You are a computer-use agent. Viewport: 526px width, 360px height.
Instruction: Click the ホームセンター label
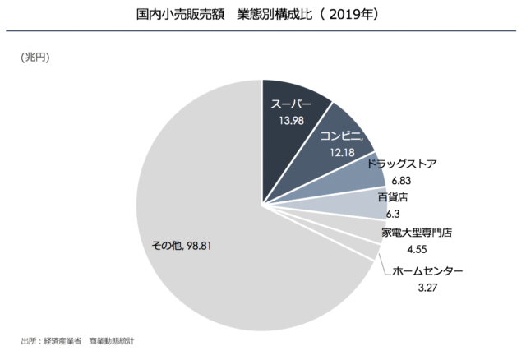427,271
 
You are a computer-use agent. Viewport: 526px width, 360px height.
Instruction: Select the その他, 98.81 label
182,244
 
